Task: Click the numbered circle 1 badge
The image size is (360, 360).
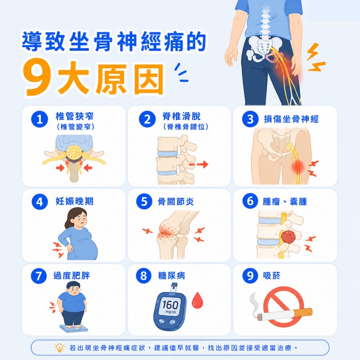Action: [x=40, y=119]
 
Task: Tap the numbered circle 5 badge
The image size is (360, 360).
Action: [x=144, y=201]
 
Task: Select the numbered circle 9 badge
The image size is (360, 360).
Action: [x=250, y=276]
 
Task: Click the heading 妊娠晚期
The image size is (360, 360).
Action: [x=75, y=201]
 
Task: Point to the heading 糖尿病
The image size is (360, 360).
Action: [x=172, y=276]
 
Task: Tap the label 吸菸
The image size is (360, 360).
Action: [x=272, y=276]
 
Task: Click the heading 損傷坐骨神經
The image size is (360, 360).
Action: [x=291, y=119]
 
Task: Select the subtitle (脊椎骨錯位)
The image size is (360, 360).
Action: [x=186, y=127]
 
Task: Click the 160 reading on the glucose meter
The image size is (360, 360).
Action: [x=170, y=305]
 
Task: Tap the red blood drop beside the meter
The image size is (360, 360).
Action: [x=197, y=300]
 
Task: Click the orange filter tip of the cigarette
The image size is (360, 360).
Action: [x=304, y=313]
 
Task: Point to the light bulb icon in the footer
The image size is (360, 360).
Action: [x=60, y=348]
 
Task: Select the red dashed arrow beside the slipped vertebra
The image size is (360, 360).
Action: [x=198, y=164]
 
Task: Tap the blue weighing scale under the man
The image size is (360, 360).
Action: [x=74, y=328]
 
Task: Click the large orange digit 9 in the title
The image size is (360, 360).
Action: [x=38, y=78]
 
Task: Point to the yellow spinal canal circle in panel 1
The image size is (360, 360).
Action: [x=74, y=152]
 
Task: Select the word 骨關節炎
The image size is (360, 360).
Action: [x=176, y=202]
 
